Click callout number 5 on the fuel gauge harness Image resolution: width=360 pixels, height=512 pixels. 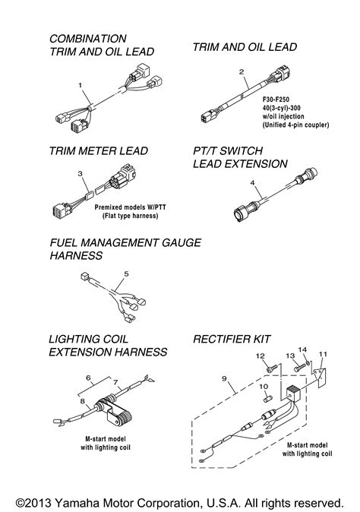127,272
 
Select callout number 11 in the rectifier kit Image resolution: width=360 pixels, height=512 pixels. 324,354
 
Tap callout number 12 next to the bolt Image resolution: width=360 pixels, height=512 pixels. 257,356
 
